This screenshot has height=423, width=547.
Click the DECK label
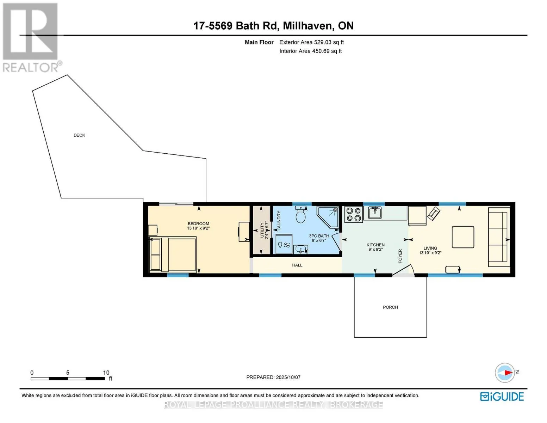coord(79,135)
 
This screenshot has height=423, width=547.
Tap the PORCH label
coord(390,307)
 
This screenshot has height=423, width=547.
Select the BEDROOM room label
coord(198,223)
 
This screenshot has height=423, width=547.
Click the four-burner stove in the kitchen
coord(354,214)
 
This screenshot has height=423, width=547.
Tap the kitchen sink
coord(375,213)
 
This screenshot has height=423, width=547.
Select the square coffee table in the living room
coord(463,237)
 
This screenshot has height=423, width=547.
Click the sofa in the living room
coord(499,237)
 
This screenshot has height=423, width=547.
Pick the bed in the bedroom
coord(173,255)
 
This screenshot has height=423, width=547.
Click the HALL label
coord(297,265)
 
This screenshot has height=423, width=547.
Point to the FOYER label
coord(400,256)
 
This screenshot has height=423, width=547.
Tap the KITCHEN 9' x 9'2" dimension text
coord(375,250)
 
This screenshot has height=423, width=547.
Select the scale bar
coord(68,378)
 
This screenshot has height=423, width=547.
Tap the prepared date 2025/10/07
coord(288,377)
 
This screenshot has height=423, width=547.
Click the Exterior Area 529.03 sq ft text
coord(311,42)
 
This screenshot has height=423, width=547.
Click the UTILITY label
coord(262,230)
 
